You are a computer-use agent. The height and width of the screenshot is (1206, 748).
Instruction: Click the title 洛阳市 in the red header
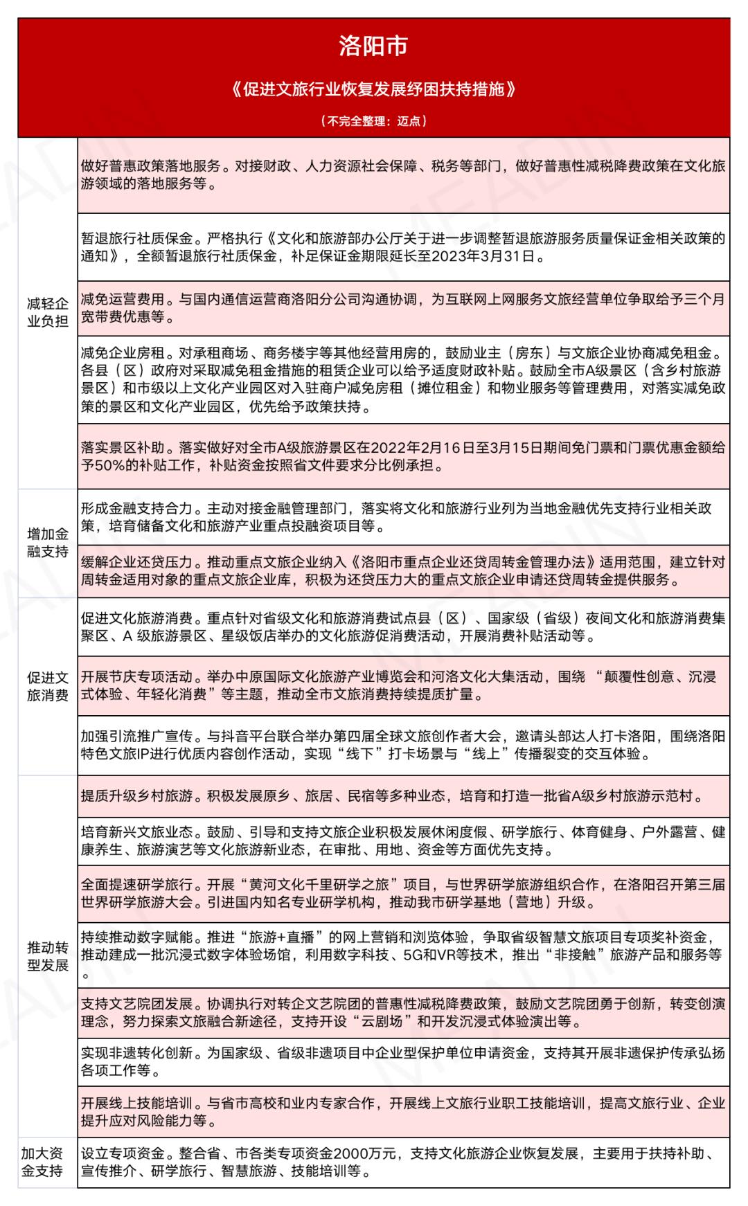click(373, 46)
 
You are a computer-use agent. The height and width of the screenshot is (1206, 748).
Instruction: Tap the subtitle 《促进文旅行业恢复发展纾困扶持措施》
click(374, 89)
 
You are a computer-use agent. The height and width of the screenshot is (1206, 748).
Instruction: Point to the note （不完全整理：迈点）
click(374, 121)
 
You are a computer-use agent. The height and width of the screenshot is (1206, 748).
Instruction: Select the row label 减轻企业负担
click(48, 312)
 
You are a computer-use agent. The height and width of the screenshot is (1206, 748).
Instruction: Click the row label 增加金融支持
click(48, 543)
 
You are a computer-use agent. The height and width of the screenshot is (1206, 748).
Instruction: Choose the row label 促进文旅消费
click(48, 686)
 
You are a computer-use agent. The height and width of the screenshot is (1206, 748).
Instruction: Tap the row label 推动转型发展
click(48, 956)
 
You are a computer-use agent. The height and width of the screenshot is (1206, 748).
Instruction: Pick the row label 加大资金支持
click(42, 1162)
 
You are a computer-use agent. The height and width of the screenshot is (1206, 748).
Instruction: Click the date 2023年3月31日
click(484, 257)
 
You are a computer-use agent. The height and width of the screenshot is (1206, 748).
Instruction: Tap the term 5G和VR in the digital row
click(453, 955)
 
